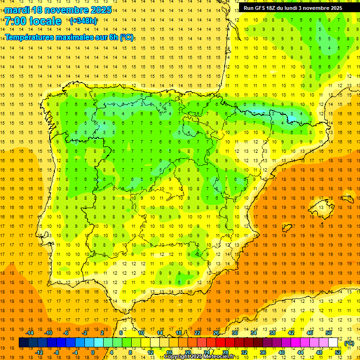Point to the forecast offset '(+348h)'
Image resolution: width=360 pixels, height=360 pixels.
click(83, 21)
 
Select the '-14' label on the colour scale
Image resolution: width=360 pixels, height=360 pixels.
click(30, 333)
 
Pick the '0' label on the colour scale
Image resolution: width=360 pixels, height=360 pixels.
click(93, 352)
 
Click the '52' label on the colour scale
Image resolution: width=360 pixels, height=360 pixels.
click(338, 352)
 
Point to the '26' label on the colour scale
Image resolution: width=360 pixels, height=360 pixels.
click(216, 333)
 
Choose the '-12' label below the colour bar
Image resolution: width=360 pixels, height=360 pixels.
click(39, 352)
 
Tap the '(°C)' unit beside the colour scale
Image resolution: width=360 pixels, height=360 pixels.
click(349, 343)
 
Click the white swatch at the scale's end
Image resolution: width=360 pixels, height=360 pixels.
click(333, 343)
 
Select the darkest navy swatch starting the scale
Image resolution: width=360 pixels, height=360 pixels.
click(23, 343)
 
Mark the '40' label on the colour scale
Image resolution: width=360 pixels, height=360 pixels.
click(281, 352)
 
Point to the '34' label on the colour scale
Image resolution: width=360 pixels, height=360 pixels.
click(254, 333)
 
